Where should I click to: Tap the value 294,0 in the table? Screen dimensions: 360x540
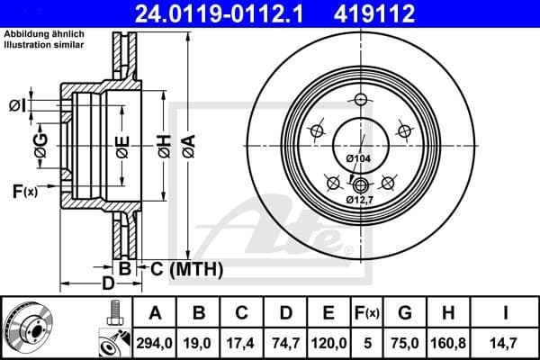pos(156,341)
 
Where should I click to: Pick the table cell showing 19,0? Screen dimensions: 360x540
pos(199,341)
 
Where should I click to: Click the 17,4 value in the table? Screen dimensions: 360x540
pos(242,341)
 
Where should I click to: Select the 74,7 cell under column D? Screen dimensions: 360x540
pos(285,341)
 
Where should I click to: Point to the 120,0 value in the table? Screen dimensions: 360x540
pos(328,341)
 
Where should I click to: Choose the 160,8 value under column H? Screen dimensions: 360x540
pos(447,341)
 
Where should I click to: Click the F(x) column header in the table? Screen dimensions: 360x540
pos(366,313)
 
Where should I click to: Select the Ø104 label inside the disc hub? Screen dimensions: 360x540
pos(358,159)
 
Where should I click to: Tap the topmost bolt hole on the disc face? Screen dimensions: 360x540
pos(360,99)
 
